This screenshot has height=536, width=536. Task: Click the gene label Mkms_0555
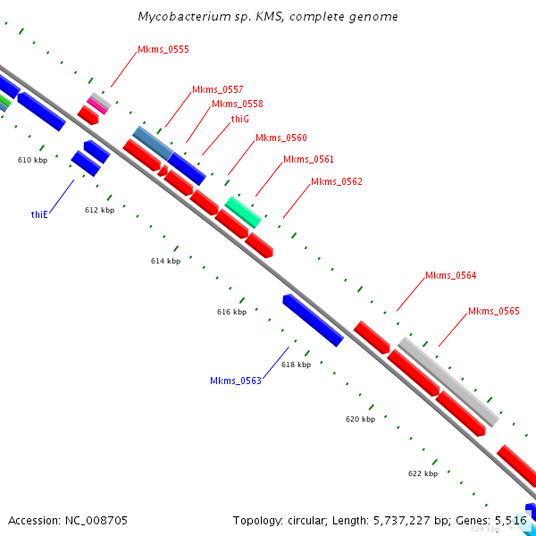(x=163, y=50)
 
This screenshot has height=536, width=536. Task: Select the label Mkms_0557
(x=218, y=89)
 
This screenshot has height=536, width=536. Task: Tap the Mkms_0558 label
(x=238, y=105)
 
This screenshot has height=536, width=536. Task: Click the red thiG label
(x=239, y=119)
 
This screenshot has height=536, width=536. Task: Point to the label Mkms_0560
(x=281, y=138)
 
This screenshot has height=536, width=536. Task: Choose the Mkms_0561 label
(x=308, y=159)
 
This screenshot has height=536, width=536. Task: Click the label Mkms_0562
(x=337, y=182)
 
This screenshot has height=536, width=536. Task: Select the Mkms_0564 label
(x=451, y=275)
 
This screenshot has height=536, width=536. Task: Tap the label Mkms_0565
(x=494, y=312)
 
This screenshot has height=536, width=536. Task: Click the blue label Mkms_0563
(x=236, y=381)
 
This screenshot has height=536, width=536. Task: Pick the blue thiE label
(x=38, y=214)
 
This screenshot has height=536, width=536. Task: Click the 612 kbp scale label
(x=100, y=211)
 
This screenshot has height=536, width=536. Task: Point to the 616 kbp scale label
(x=231, y=313)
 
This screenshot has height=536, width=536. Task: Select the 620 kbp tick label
(x=361, y=418)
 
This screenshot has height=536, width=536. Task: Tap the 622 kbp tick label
(x=423, y=473)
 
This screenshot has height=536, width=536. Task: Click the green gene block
(x=243, y=212)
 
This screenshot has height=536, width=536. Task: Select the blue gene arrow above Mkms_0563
(x=313, y=320)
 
